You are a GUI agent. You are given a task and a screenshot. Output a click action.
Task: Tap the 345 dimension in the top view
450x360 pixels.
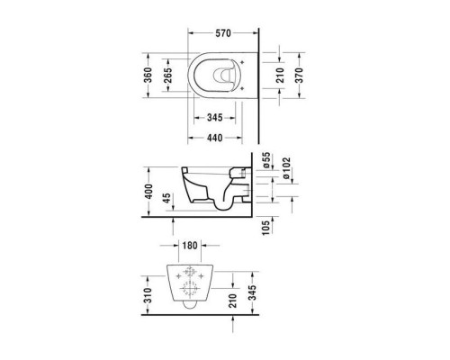tap(214, 118)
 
